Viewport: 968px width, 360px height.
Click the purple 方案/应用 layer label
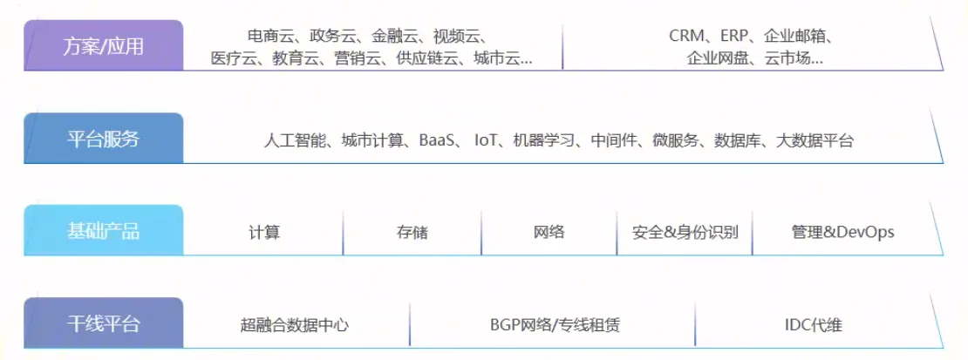[104, 45]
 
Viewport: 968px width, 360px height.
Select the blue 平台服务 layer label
[104, 139]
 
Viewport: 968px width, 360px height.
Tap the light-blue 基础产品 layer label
[104, 230]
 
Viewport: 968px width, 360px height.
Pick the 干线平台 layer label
[104, 323]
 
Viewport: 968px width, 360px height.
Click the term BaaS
[436, 140]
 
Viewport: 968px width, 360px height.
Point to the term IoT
[485, 140]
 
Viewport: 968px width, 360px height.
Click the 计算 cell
[264, 232]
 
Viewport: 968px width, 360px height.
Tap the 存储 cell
[412, 232]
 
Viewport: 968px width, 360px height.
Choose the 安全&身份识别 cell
[685, 232]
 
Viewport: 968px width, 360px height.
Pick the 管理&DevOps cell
[842, 232]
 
